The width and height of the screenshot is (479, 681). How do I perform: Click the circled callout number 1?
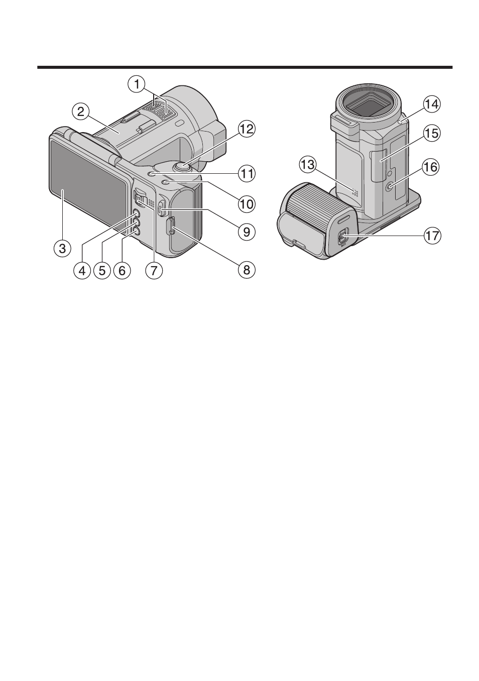pyautogui.click(x=137, y=84)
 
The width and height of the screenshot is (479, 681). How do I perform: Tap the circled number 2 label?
pyautogui.click(x=80, y=112)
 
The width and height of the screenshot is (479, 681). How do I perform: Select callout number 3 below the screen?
pyautogui.click(x=62, y=249)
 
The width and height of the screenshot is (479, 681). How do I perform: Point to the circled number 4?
pyautogui.click(x=82, y=270)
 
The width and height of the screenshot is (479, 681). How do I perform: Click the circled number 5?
pyautogui.click(x=102, y=270)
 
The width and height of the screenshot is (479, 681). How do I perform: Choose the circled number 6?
pyautogui.click(x=122, y=270)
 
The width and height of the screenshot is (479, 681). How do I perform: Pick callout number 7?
pyautogui.click(x=154, y=270)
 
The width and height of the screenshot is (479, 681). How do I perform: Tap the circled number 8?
pyautogui.click(x=247, y=269)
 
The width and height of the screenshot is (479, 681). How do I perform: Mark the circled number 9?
pyautogui.click(x=247, y=232)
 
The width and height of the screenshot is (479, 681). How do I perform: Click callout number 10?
pyautogui.click(x=247, y=203)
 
